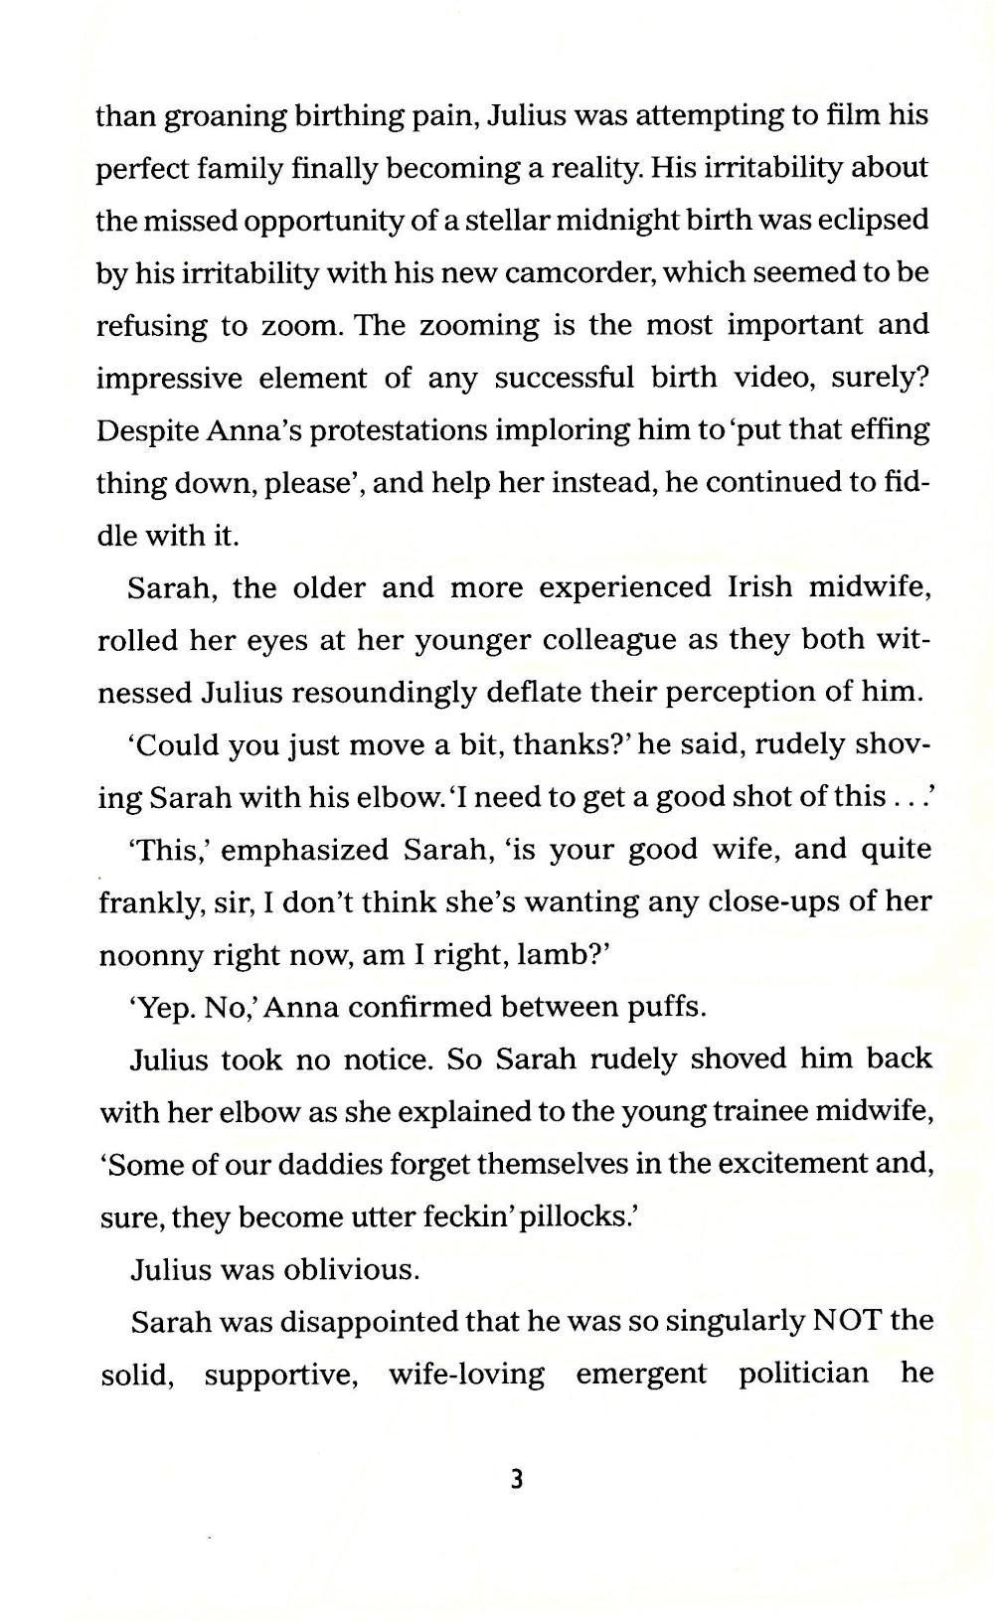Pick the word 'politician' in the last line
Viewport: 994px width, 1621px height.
coord(803,1374)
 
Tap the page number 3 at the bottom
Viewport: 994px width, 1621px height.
coord(516,1480)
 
